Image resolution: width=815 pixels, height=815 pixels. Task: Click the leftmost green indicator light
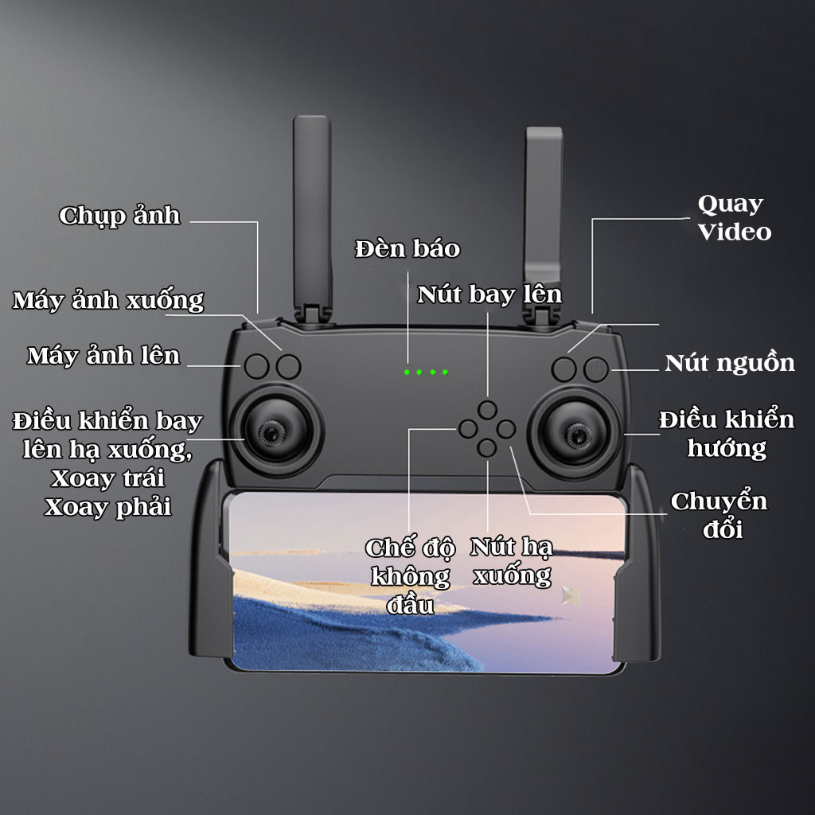click(406, 372)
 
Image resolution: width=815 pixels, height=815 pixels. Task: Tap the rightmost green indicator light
click(445, 372)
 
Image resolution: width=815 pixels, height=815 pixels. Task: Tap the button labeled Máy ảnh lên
click(256, 366)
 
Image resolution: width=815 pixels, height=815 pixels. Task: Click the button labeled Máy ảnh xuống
click(289, 366)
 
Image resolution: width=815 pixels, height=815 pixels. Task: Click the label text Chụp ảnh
click(119, 216)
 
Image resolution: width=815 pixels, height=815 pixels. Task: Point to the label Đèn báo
click(407, 248)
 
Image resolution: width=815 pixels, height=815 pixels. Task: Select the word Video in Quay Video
click(735, 232)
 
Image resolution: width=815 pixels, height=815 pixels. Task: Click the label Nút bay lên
click(489, 294)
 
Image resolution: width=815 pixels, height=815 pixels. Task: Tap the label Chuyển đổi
click(719, 515)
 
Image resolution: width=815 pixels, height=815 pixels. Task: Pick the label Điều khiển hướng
click(727, 433)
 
